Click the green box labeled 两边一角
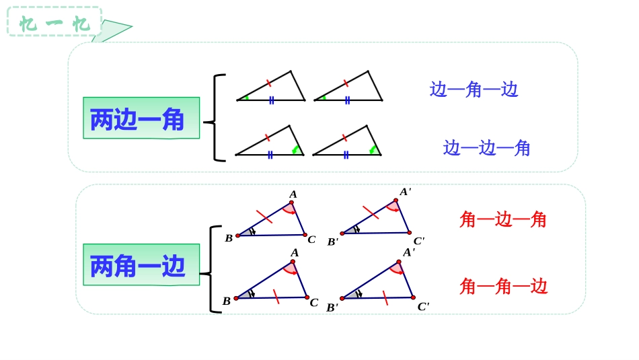click(141, 118)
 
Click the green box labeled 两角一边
click(141, 265)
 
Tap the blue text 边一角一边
click(474, 89)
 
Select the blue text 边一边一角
click(486, 148)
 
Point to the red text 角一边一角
click(502, 219)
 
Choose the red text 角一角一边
click(503, 287)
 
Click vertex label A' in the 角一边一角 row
click(405, 192)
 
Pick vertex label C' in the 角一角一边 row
click(423, 307)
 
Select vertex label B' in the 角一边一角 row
click(332, 242)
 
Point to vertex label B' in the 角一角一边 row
click(332, 308)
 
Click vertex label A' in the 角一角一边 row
click(408, 252)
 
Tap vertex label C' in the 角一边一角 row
click(418, 241)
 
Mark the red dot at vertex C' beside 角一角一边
click(413, 297)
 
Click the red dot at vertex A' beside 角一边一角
click(396, 201)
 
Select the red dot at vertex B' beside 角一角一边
click(342, 298)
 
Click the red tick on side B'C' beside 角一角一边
click(385, 297)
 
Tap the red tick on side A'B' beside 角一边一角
click(371, 213)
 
